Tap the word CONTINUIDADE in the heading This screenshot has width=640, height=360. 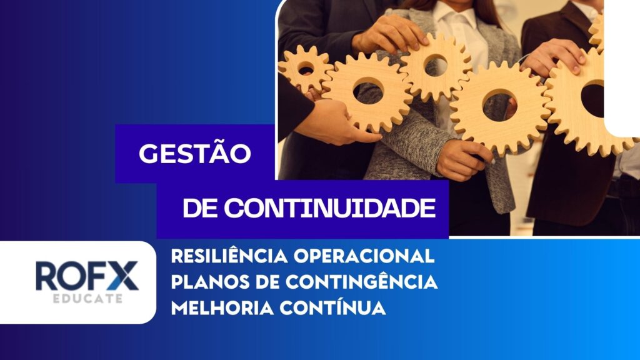[330, 208]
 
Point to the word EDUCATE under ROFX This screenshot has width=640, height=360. [87, 298]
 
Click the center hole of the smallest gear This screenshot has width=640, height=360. [306, 68]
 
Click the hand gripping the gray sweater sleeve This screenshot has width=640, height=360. [464, 159]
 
